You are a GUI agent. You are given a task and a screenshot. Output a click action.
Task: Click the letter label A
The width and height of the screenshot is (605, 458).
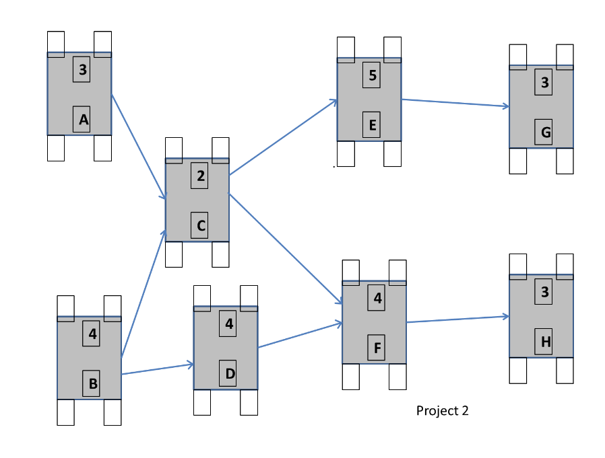point(82,119)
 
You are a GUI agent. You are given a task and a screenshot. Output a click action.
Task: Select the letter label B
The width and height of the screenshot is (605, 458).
point(92,384)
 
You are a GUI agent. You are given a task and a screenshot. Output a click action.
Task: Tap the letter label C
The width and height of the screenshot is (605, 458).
point(200,225)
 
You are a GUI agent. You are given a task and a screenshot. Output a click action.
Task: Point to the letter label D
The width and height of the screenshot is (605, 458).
point(229,373)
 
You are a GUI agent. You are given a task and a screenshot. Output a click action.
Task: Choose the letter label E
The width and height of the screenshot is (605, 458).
point(371,124)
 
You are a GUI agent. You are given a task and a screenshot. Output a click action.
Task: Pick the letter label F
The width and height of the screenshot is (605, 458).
point(377,348)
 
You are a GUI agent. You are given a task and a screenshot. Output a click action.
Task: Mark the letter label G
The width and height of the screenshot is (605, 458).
point(544,132)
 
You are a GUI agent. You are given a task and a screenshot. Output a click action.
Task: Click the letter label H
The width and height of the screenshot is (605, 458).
point(544,342)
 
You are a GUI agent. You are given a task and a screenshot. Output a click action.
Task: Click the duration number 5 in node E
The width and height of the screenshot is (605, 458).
point(371,75)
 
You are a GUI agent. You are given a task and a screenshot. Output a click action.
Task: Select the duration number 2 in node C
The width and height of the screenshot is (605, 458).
point(200,176)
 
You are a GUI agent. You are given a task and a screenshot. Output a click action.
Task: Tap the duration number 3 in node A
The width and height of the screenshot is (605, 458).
point(82,69)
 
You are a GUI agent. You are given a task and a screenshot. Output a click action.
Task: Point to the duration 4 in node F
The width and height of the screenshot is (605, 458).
point(377,298)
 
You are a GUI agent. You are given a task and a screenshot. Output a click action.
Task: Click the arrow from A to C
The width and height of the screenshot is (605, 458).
point(139,147)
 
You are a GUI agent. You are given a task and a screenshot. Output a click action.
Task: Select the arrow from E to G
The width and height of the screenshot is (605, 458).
point(455,103)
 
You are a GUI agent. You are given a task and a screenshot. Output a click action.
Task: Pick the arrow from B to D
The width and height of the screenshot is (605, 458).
point(158,369)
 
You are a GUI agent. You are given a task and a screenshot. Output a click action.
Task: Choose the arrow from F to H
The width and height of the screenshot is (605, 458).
point(457,319)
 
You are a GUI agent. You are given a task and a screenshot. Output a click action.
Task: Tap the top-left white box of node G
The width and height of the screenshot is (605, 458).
point(517,55)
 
